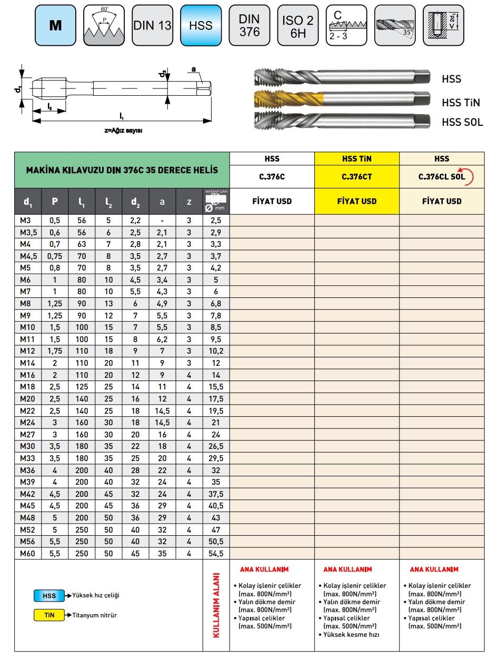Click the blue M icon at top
click(55, 25)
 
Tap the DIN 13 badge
click(152, 25)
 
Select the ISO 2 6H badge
click(297, 25)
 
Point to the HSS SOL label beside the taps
click(462, 123)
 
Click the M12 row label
click(27, 351)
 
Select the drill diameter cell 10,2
click(216, 351)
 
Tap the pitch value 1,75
click(55, 351)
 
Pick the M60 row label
click(27, 553)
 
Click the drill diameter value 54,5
click(216, 553)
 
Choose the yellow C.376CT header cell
click(356, 177)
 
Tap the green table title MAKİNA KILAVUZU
click(122, 171)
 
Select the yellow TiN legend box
click(49, 615)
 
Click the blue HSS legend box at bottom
click(49, 596)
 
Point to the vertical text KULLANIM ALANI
click(216, 605)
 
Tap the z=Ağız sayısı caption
click(123, 131)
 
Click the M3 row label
click(27, 221)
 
